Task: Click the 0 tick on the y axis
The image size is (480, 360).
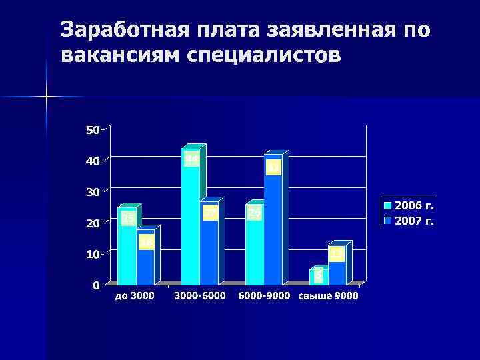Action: point(96,285)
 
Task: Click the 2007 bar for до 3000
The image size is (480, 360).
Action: point(146,259)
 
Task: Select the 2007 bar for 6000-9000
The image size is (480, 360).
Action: point(273,220)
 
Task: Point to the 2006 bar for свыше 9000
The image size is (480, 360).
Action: point(318,276)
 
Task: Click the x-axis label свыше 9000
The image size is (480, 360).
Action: point(328,296)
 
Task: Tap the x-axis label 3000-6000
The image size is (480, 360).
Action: point(200,296)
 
